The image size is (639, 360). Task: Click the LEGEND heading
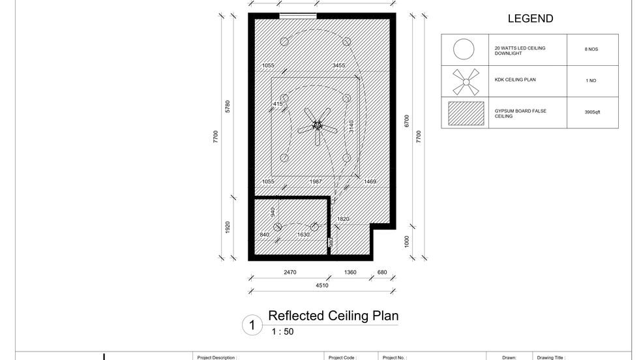[x=530, y=18]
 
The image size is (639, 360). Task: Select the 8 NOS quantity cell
[x=591, y=50]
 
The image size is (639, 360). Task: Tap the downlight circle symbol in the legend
[x=464, y=50]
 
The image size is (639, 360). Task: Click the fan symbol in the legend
[x=466, y=82]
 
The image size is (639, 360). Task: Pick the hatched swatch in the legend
[x=466, y=113]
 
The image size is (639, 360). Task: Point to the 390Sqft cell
[x=592, y=112]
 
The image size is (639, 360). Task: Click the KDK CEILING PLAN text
[x=515, y=80]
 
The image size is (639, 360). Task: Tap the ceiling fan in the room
[x=318, y=126]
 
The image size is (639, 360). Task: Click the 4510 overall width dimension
[x=322, y=286]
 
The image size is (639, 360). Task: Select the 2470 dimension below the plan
[x=290, y=273]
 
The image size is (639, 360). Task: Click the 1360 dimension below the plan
[x=350, y=273]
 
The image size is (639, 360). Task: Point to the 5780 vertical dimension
[x=228, y=106]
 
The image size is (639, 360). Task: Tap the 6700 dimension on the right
[x=406, y=121]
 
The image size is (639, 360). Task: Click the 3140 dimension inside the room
[x=351, y=126]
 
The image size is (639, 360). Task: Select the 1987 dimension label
[x=316, y=182]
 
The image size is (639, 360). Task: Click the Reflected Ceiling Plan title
[x=333, y=316]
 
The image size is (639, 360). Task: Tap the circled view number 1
[x=252, y=325]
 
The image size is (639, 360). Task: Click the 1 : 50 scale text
[x=282, y=331]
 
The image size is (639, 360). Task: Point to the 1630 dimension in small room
[x=303, y=235]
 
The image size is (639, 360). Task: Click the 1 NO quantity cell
[x=591, y=81]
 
